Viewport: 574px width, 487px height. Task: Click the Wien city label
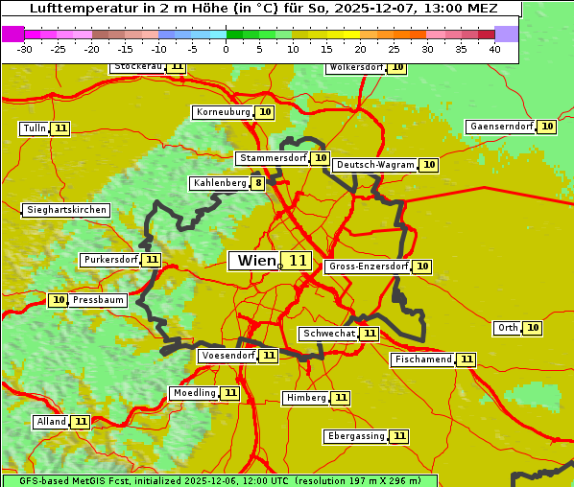tap(254, 261)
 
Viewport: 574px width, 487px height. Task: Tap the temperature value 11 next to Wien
tap(298, 261)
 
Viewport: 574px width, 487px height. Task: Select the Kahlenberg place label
tap(220, 183)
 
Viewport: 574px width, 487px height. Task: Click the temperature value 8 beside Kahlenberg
tap(258, 183)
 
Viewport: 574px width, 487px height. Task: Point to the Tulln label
tap(34, 128)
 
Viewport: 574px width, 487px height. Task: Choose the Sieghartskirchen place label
tap(66, 210)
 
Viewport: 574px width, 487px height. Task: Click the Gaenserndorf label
tap(500, 127)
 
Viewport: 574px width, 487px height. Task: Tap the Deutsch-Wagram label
tap(375, 165)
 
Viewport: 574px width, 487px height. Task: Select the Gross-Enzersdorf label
tap(368, 267)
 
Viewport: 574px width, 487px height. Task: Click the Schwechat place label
tap(328, 334)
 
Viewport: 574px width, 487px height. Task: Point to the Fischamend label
tap(422, 359)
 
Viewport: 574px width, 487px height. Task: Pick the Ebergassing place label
tap(355, 436)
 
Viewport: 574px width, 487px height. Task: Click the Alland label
tap(51, 422)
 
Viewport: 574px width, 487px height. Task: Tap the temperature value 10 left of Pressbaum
tap(59, 300)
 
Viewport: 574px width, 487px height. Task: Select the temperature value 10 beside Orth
tap(533, 328)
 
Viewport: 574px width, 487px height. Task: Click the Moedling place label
tap(194, 393)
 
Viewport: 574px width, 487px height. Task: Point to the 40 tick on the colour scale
tap(494, 49)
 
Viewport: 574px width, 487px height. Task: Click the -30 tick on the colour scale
tap(25, 49)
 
